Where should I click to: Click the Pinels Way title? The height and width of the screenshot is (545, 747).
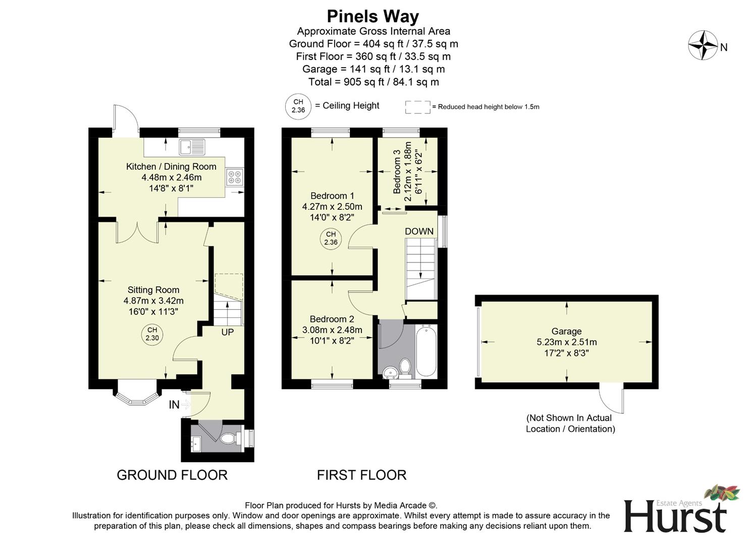pyautogui.click(x=373, y=16)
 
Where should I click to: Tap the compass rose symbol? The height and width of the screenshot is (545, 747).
pyautogui.click(x=703, y=45)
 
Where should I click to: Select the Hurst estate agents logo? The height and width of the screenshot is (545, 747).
pyautogui.click(x=676, y=512)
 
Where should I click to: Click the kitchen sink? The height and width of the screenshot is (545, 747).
pyautogui.click(x=192, y=147)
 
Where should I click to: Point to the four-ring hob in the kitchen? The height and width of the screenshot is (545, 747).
pyautogui.click(x=235, y=177)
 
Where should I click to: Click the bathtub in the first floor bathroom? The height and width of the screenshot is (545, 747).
pyautogui.click(x=426, y=351)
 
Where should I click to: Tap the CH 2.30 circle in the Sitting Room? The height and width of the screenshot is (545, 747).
pyautogui.click(x=152, y=334)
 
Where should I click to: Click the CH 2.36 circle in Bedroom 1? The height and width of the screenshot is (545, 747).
pyautogui.click(x=331, y=238)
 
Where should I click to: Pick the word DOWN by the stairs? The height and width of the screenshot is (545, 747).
pyautogui.click(x=419, y=231)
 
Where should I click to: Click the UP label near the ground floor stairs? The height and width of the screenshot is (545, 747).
pyautogui.click(x=227, y=333)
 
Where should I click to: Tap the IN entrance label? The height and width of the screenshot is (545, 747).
pyautogui.click(x=174, y=405)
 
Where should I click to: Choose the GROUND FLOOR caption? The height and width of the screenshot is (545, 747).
pyautogui.click(x=172, y=475)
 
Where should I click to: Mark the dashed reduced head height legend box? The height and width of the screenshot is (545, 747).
pyautogui.click(x=417, y=107)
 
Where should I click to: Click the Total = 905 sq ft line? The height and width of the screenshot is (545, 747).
pyautogui.click(x=373, y=82)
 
